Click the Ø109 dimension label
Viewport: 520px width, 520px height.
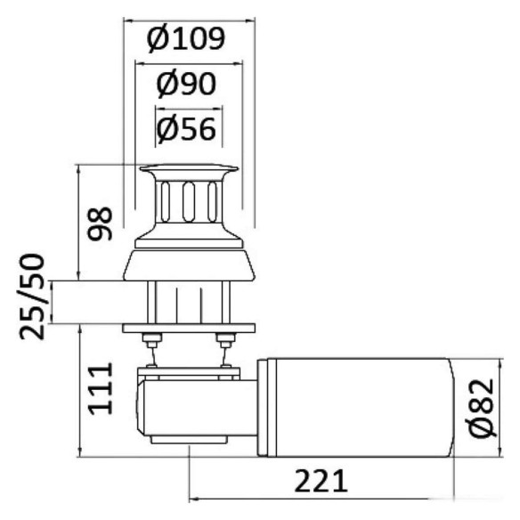pos(186,39)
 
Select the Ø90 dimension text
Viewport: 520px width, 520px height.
pos(186,85)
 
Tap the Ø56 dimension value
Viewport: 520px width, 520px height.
pos(186,129)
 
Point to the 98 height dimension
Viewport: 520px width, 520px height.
pos(100,223)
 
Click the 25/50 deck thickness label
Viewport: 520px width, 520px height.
pos(32,297)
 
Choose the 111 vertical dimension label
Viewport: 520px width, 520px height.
pos(100,389)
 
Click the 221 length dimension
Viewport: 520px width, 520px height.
pos(321,481)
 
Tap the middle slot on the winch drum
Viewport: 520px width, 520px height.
pos(189,201)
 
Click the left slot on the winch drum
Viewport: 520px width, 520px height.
pos(165,201)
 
